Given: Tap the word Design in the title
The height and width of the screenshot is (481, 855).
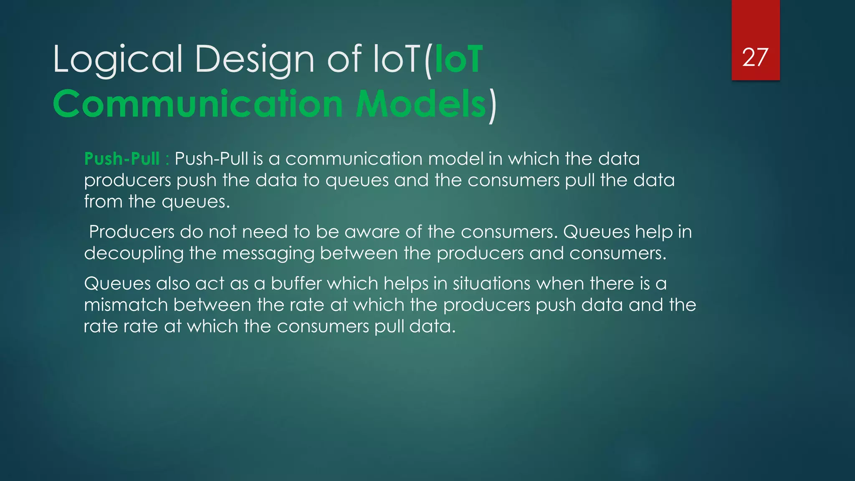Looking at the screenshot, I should (x=254, y=60).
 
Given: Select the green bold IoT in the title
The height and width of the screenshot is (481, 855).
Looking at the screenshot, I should (x=458, y=60).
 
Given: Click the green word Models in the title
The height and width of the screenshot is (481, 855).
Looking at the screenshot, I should (x=421, y=104).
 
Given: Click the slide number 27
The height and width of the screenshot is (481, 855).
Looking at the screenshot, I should (x=755, y=57).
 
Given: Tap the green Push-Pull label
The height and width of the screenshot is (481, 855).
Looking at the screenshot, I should (x=122, y=159).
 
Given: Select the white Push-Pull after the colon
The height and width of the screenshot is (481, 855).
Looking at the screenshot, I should (x=212, y=159).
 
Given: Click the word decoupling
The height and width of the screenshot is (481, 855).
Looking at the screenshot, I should (x=134, y=253).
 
